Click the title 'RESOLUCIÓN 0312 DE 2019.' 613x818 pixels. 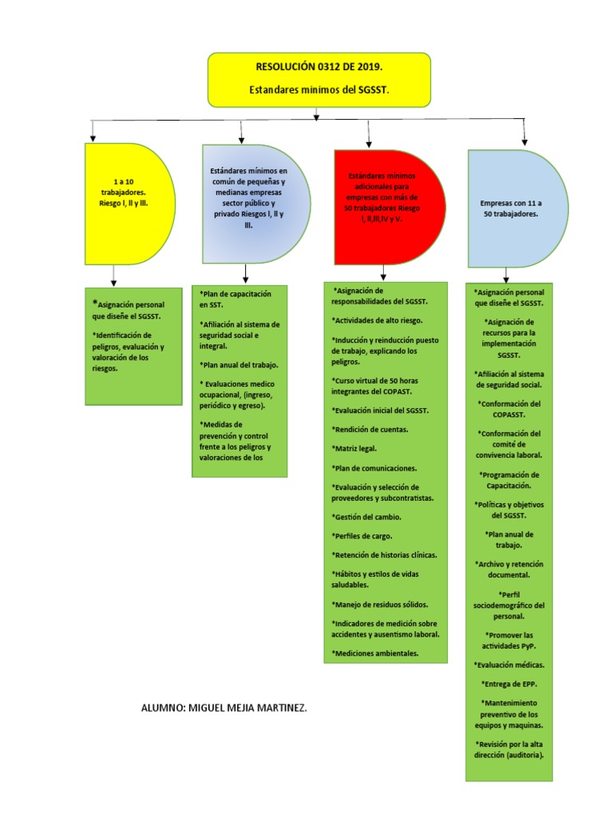pyautogui.click(x=319, y=68)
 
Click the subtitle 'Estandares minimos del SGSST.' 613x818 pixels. pyautogui.click(x=319, y=90)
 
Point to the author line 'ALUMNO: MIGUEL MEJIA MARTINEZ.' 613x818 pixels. pyautogui.click(x=223, y=708)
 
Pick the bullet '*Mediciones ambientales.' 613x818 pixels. pyautogui.click(x=375, y=653)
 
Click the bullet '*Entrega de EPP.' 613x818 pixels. pyautogui.click(x=509, y=684)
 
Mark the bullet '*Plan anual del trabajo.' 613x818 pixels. pyautogui.click(x=239, y=364)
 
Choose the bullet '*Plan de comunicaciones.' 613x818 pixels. pyautogui.click(x=374, y=467)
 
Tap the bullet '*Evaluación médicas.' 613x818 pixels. pyautogui.click(x=509, y=665)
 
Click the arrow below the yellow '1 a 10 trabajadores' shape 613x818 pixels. pyautogui.click(x=114, y=276)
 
